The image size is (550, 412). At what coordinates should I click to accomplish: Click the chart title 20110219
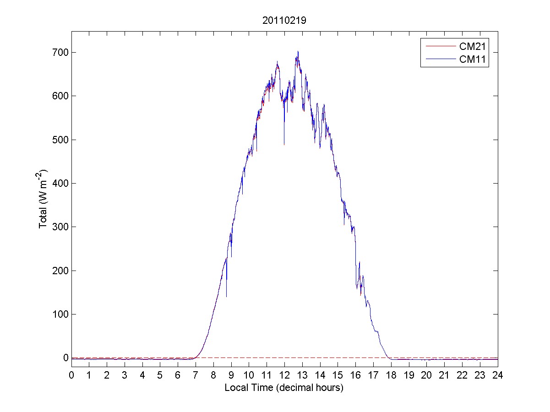coord(284,20)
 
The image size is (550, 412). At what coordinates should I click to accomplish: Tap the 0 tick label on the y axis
coord(65,358)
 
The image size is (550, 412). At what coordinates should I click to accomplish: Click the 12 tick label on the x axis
coord(284,375)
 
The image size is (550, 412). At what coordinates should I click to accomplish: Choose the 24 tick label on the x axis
coord(498,375)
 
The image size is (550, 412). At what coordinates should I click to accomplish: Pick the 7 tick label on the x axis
coord(196,375)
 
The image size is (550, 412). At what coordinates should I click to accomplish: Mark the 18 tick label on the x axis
coord(391,375)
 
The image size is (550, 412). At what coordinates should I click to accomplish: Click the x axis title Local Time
coord(284,388)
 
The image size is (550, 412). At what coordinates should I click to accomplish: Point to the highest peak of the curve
coord(298,52)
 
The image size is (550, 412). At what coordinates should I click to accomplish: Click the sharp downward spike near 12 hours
coord(284,144)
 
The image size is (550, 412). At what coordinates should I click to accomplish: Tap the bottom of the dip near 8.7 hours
coord(226,296)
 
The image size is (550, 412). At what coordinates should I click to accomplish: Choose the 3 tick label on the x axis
coord(125,375)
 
